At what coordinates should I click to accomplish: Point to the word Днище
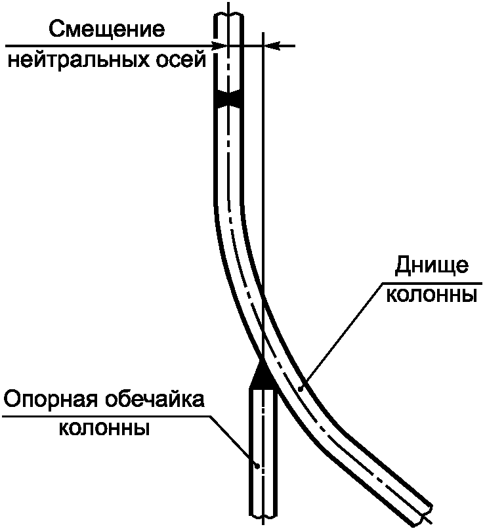(432, 265)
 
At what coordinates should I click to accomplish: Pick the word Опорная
(49, 400)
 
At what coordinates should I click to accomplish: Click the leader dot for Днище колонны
(300, 389)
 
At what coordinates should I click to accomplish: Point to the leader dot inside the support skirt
(259, 467)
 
